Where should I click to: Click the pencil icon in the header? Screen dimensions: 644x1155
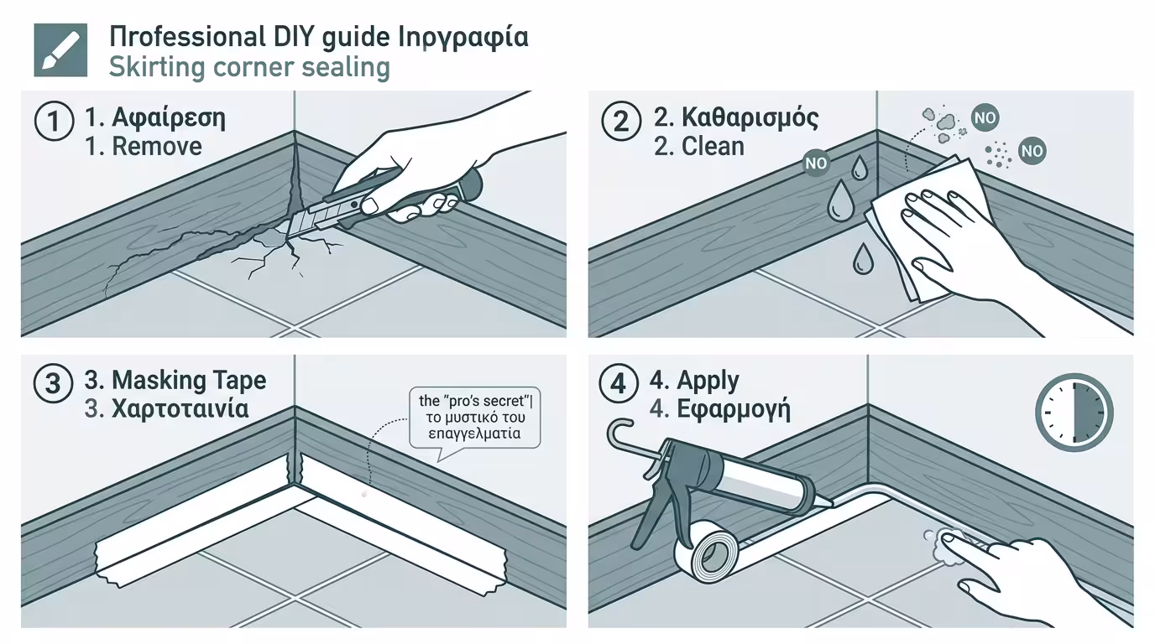(60, 50)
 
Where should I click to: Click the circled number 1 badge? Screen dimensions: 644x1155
(54, 122)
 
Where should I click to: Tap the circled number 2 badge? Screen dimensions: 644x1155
(620, 122)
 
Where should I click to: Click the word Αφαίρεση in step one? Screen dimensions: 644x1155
(168, 117)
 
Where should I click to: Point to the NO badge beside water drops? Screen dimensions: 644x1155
(815, 164)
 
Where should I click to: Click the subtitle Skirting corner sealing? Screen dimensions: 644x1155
(249, 67)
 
